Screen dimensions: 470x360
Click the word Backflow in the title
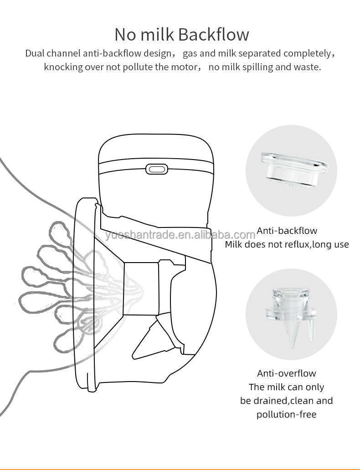(214, 35)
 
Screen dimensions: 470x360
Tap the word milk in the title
(158, 35)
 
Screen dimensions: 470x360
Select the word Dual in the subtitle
(35, 53)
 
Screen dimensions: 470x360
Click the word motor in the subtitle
(184, 67)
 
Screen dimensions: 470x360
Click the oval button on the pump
(156, 169)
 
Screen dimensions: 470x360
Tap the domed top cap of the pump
(156, 149)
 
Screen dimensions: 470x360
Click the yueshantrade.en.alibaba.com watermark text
(180, 235)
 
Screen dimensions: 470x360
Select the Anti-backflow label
(287, 231)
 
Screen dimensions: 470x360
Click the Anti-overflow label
(286, 373)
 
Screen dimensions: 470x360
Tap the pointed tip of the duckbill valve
(292, 346)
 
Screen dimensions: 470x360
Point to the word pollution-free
(286, 414)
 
